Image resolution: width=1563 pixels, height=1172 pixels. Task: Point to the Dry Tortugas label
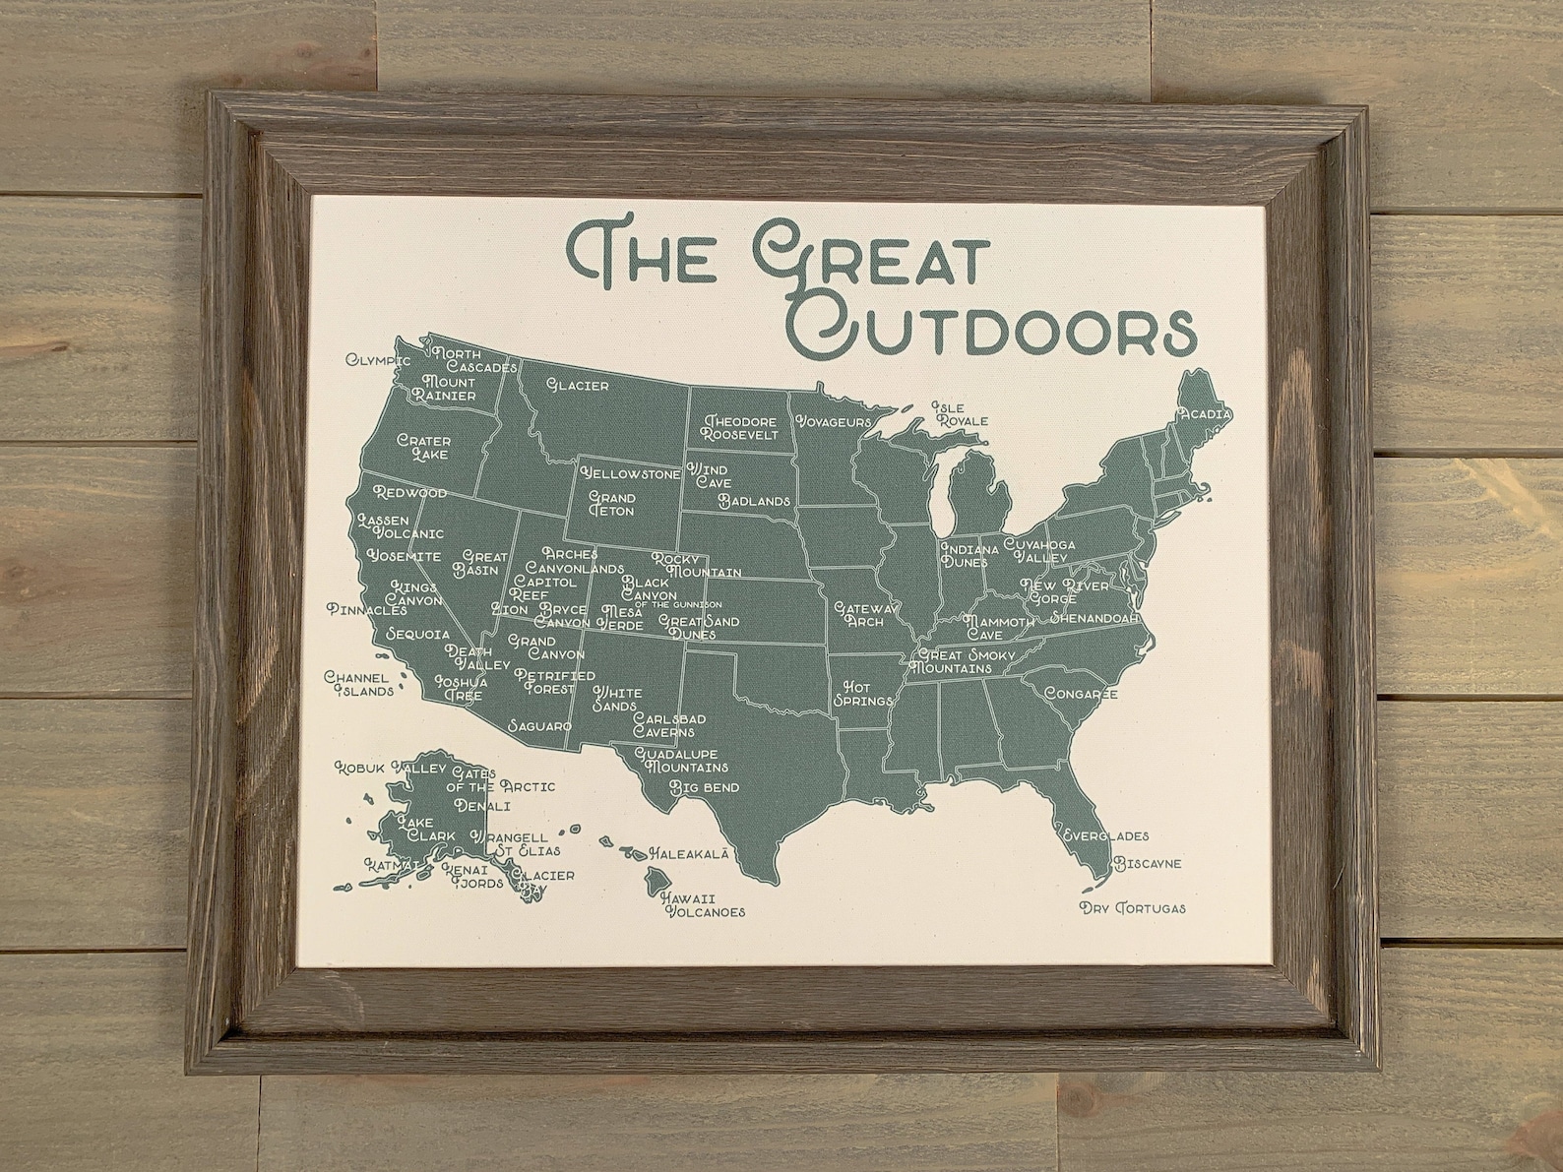tap(1132, 907)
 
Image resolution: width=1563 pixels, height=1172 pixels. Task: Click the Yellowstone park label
tap(631, 474)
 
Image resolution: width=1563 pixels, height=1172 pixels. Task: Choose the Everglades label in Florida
tap(1105, 836)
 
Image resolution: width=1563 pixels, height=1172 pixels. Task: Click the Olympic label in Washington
tap(377, 360)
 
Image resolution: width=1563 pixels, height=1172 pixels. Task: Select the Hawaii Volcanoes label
tap(701, 904)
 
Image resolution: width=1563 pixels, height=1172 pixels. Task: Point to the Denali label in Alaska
tap(482, 806)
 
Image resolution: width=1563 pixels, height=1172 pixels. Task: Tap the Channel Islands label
tap(364, 684)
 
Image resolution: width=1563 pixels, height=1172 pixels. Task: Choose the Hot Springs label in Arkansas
tap(863, 693)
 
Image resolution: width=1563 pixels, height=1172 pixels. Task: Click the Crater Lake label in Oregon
tap(423, 448)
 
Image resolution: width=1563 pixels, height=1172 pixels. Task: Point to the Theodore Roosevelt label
tap(740, 427)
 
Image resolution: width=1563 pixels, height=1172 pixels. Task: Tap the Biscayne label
tap(1147, 864)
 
